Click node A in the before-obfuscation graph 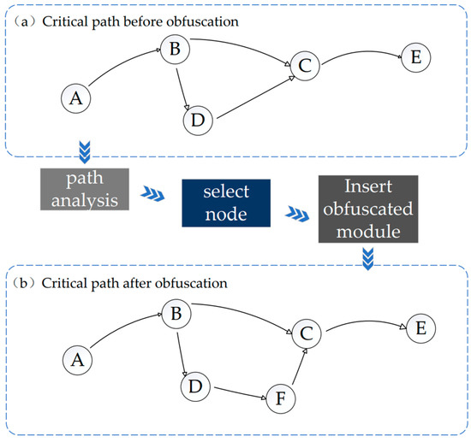pyautogui.click(x=75, y=98)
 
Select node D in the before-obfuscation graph pyautogui.click(x=198, y=121)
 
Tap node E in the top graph pyautogui.click(x=416, y=57)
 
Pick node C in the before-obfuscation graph pyautogui.click(x=305, y=66)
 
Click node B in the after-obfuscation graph pyautogui.click(x=176, y=314)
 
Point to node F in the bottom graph pyautogui.click(x=281, y=398)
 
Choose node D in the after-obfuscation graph pyautogui.click(x=195, y=386)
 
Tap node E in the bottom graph pyautogui.click(x=420, y=328)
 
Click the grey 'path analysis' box pyautogui.click(x=85, y=189)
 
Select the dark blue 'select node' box pyautogui.click(x=226, y=203)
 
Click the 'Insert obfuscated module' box pyautogui.click(x=368, y=209)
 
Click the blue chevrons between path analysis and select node pyautogui.click(x=152, y=193)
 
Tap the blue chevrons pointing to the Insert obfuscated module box pyautogui.click(x=297, y=214)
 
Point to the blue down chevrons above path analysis pyautogui.click(x=85, y=152)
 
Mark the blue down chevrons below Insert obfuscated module pyautogui.click(x=368, y=259)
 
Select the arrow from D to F pyautogui.click(x=241, y=393)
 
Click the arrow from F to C pyautogui.click(x=299, y=367)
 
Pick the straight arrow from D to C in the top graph pyautogui.click(x=256, y=97)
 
